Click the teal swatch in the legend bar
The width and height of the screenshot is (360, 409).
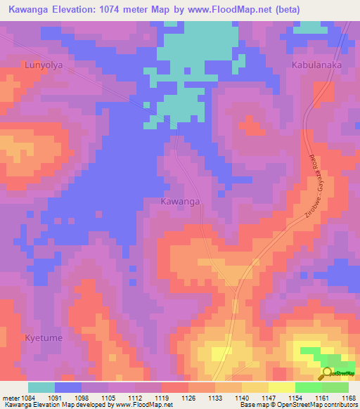(x=41, y=387)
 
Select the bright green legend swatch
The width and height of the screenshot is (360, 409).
(x=308, y=387)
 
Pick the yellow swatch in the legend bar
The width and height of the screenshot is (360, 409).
(x=281, y=387)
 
